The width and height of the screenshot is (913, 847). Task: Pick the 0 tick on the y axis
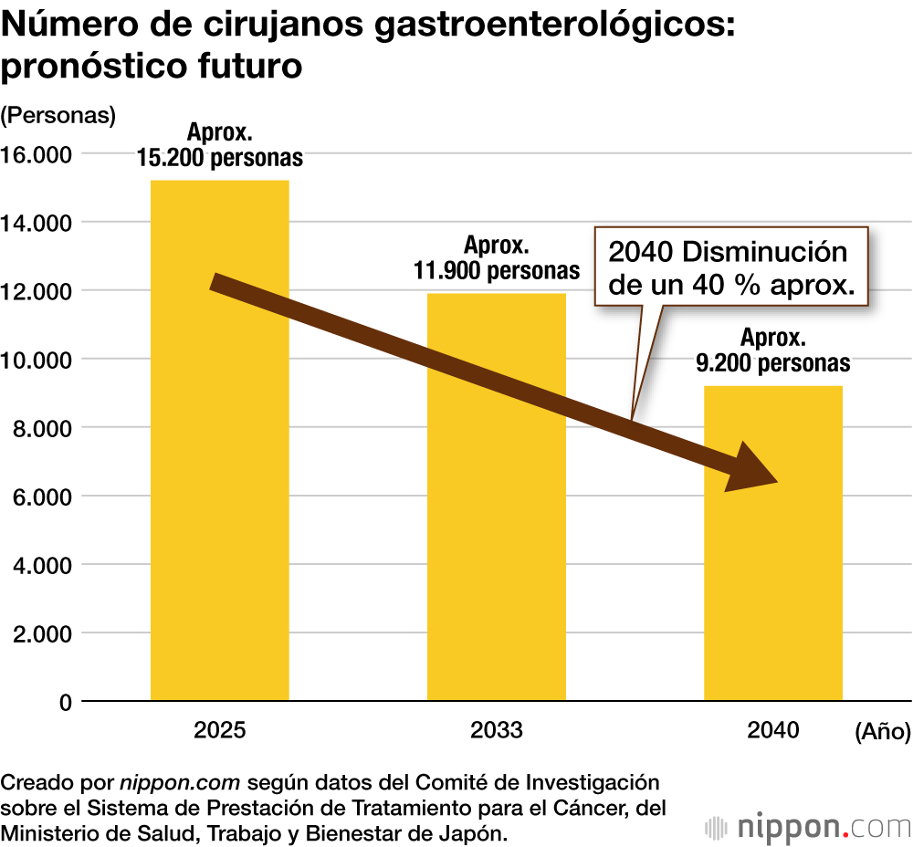(64, 702)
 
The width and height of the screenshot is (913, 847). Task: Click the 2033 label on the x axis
(496, 730)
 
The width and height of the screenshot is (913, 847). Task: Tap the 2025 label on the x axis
(219, 730)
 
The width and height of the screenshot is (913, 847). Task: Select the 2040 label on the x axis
(772, 730)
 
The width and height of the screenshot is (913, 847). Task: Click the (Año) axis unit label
(882, 731)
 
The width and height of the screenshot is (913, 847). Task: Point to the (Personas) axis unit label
(59, 116)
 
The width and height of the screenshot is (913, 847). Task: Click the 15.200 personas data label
(220, 157)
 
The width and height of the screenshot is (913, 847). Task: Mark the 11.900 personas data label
(497, 270)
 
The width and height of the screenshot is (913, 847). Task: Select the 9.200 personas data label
(772, 363)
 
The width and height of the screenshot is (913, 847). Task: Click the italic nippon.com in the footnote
(180, 783)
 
